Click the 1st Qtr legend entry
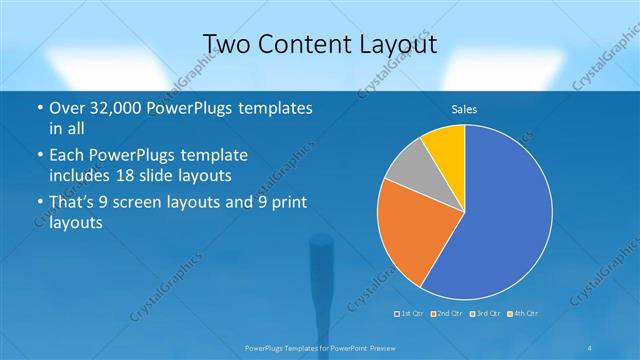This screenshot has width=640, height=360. point(409,314)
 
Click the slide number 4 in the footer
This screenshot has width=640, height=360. point(591,347)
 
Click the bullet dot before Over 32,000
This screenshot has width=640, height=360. point(38,107)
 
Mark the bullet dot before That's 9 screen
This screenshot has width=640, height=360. point(38,203)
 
